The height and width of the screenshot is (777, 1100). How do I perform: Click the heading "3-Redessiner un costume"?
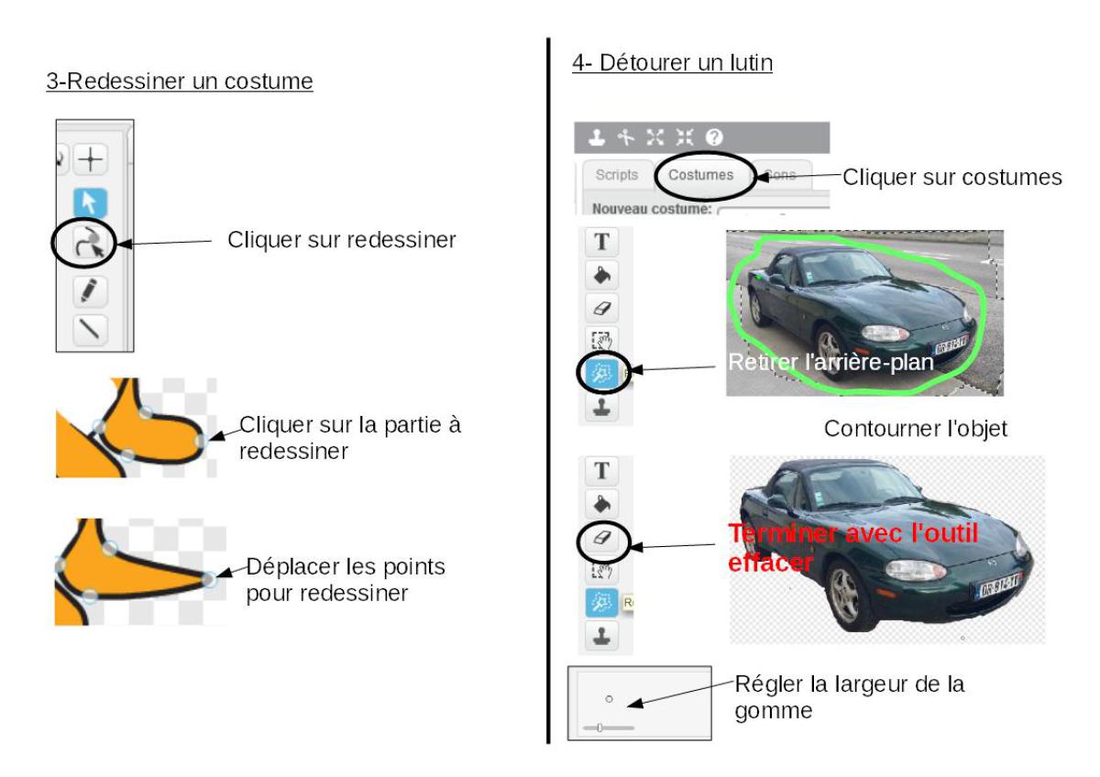point(180,82)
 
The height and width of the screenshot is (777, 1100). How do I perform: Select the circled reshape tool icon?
point(89,244)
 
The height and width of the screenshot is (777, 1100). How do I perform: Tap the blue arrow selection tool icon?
point(89,202)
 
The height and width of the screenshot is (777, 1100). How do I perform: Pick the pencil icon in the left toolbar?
point(89,290)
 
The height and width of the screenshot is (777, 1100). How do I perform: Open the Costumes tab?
point(700,175)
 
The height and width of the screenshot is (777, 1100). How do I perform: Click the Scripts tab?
point(616,175)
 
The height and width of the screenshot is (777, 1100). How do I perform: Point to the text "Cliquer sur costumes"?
point(951,177)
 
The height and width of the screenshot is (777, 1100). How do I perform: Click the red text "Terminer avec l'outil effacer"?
point(852,547)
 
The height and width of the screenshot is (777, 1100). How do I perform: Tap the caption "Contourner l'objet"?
point(916,428)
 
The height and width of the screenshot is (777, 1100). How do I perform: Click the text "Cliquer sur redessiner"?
point(342,242)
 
